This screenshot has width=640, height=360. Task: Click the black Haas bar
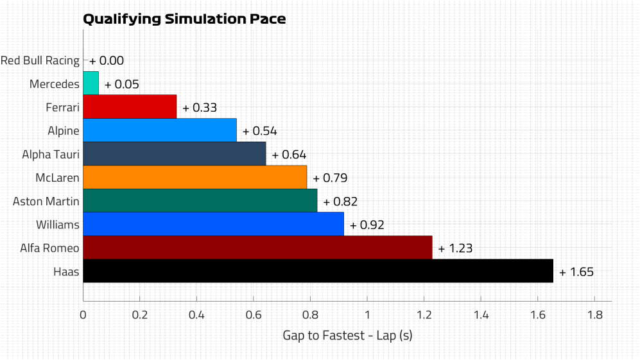tap(318, 271)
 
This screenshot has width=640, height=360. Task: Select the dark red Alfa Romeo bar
tap(257, 248)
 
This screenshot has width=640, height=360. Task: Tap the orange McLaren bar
tap(195, 177)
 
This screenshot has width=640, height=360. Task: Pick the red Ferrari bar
tap(130, 107)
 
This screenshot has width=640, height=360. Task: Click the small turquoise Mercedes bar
tap(91, 83)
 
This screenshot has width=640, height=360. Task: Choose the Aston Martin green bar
tap(200, 201)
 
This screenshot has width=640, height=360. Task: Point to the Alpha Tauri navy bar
tap(174, 154)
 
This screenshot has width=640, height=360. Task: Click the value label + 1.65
tap(576, 272)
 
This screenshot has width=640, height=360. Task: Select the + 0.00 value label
tap(107, 61)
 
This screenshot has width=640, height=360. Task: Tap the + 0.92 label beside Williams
tap(367, 225)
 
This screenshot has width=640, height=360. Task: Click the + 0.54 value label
tap(260, 131)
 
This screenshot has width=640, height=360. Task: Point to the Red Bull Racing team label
tap(40, 61)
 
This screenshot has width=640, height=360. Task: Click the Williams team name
tap(58, 225)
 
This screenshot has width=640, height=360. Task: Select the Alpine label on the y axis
tap(64, 131)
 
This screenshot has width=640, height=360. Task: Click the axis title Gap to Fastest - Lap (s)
tap(347, 336)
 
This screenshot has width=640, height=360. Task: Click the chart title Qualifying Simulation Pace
tap(184, 19)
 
